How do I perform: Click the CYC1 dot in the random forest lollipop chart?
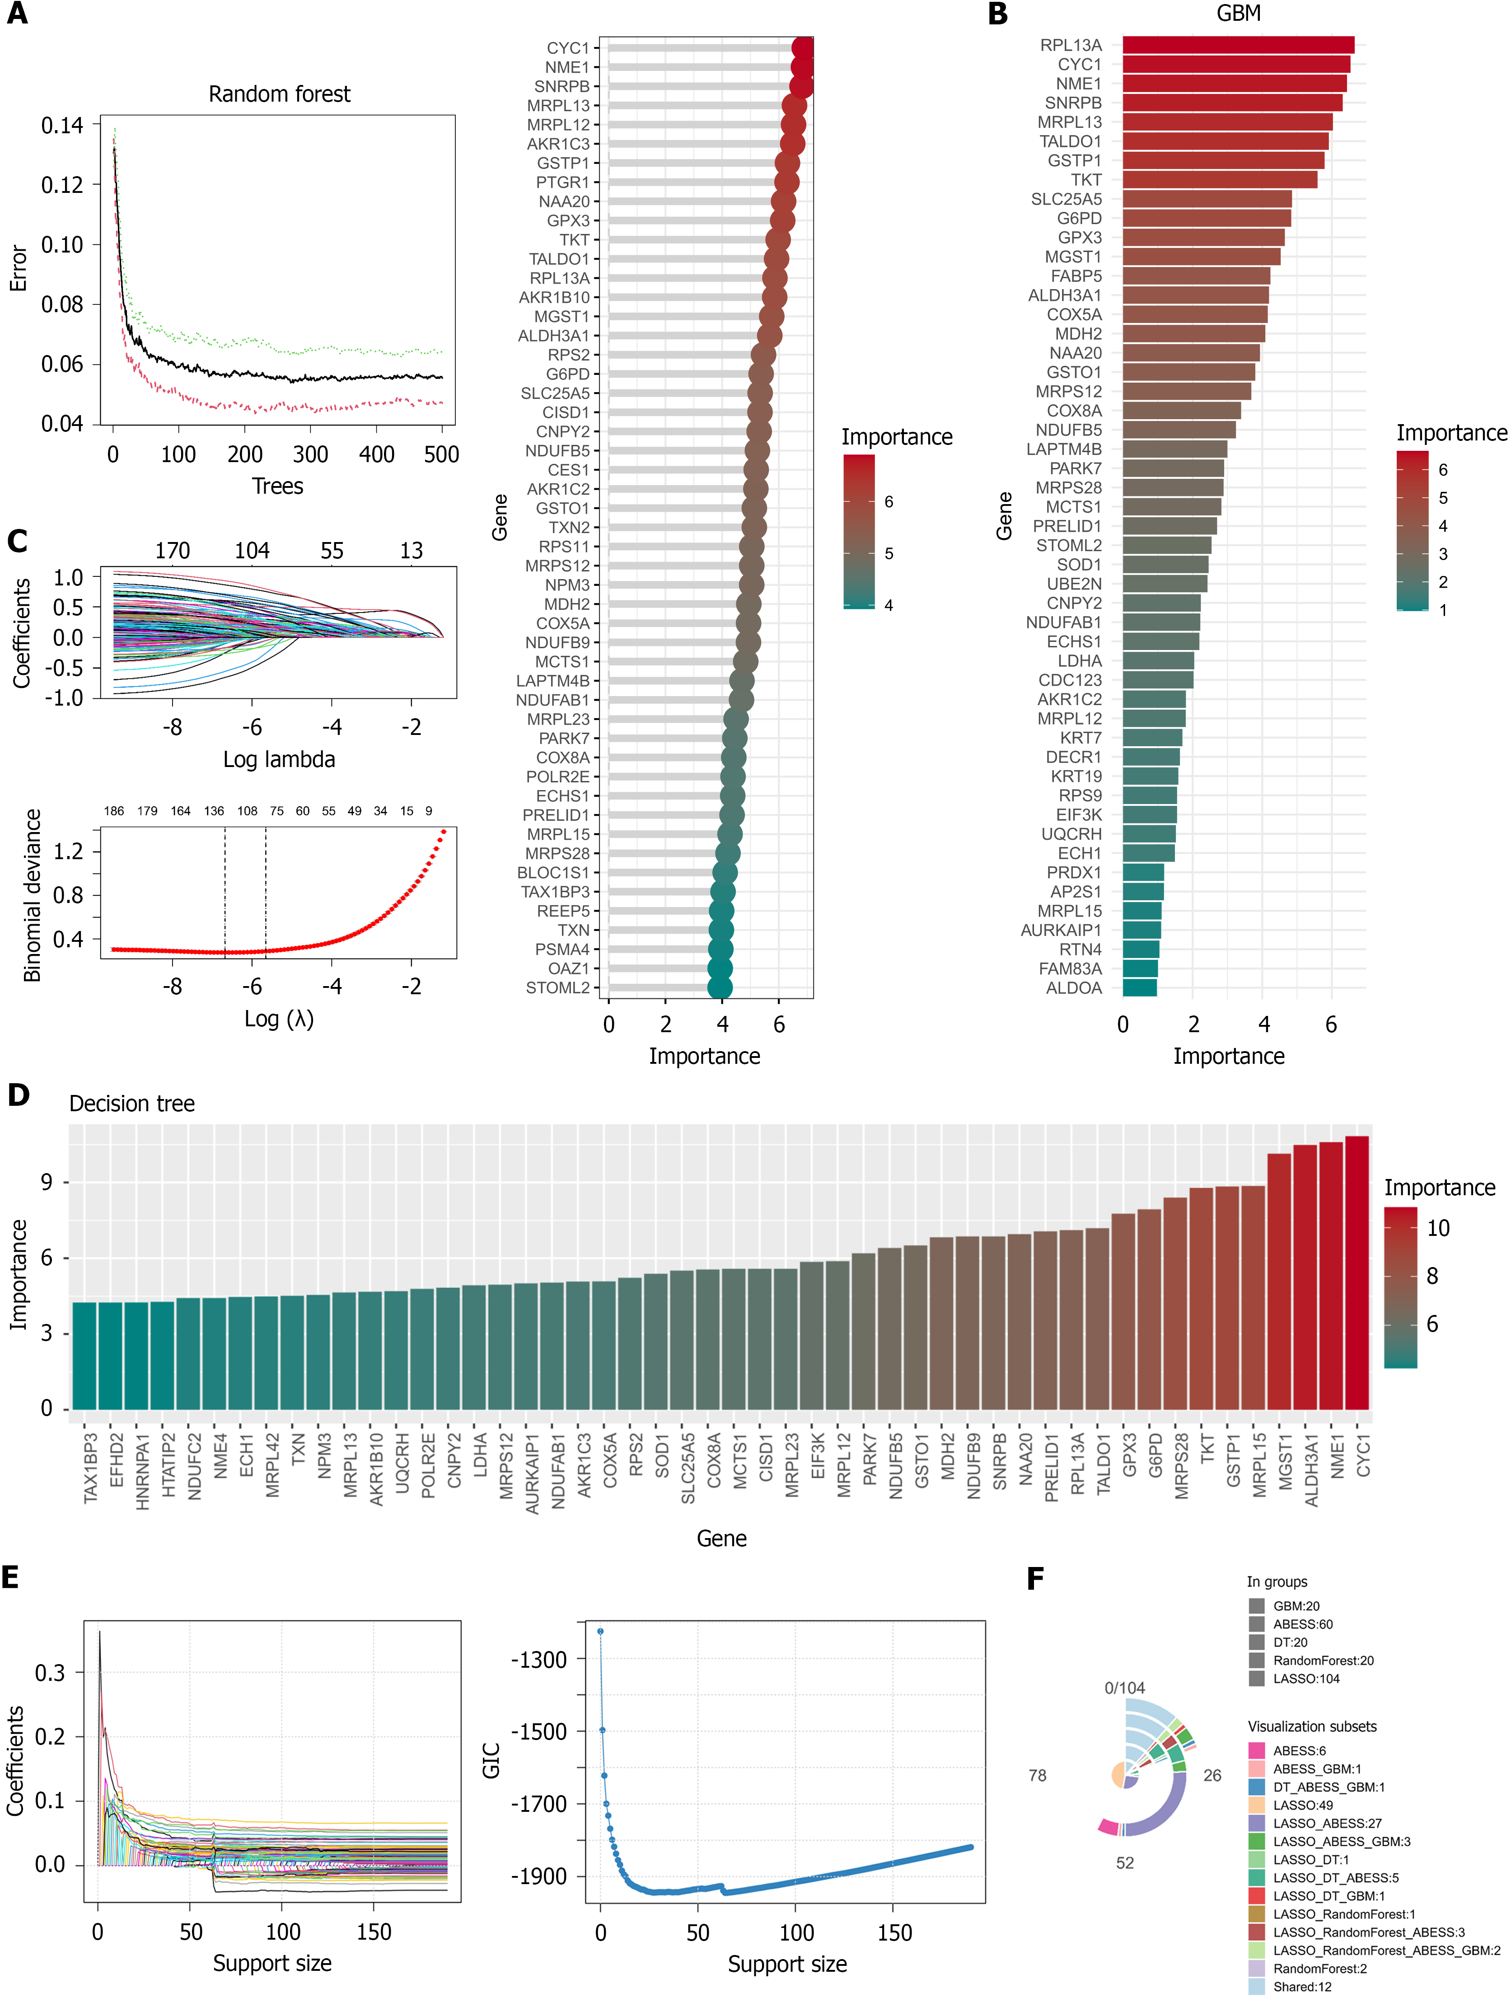pos(802,48)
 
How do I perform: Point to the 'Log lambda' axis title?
pos(279,759)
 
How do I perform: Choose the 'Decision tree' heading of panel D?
pos(132,1103)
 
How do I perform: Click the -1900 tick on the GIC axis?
pos(539,1876)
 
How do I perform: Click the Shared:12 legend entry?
pos(1302,1987)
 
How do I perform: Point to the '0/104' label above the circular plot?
pos(1124,1688)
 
